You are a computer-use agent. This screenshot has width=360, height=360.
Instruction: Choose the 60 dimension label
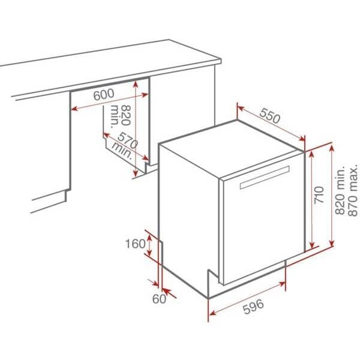click(x=158, y=299)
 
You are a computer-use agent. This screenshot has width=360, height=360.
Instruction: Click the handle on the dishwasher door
click(x=265, y=179)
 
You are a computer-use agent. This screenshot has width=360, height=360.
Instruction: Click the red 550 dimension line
click(x=271, y=125)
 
